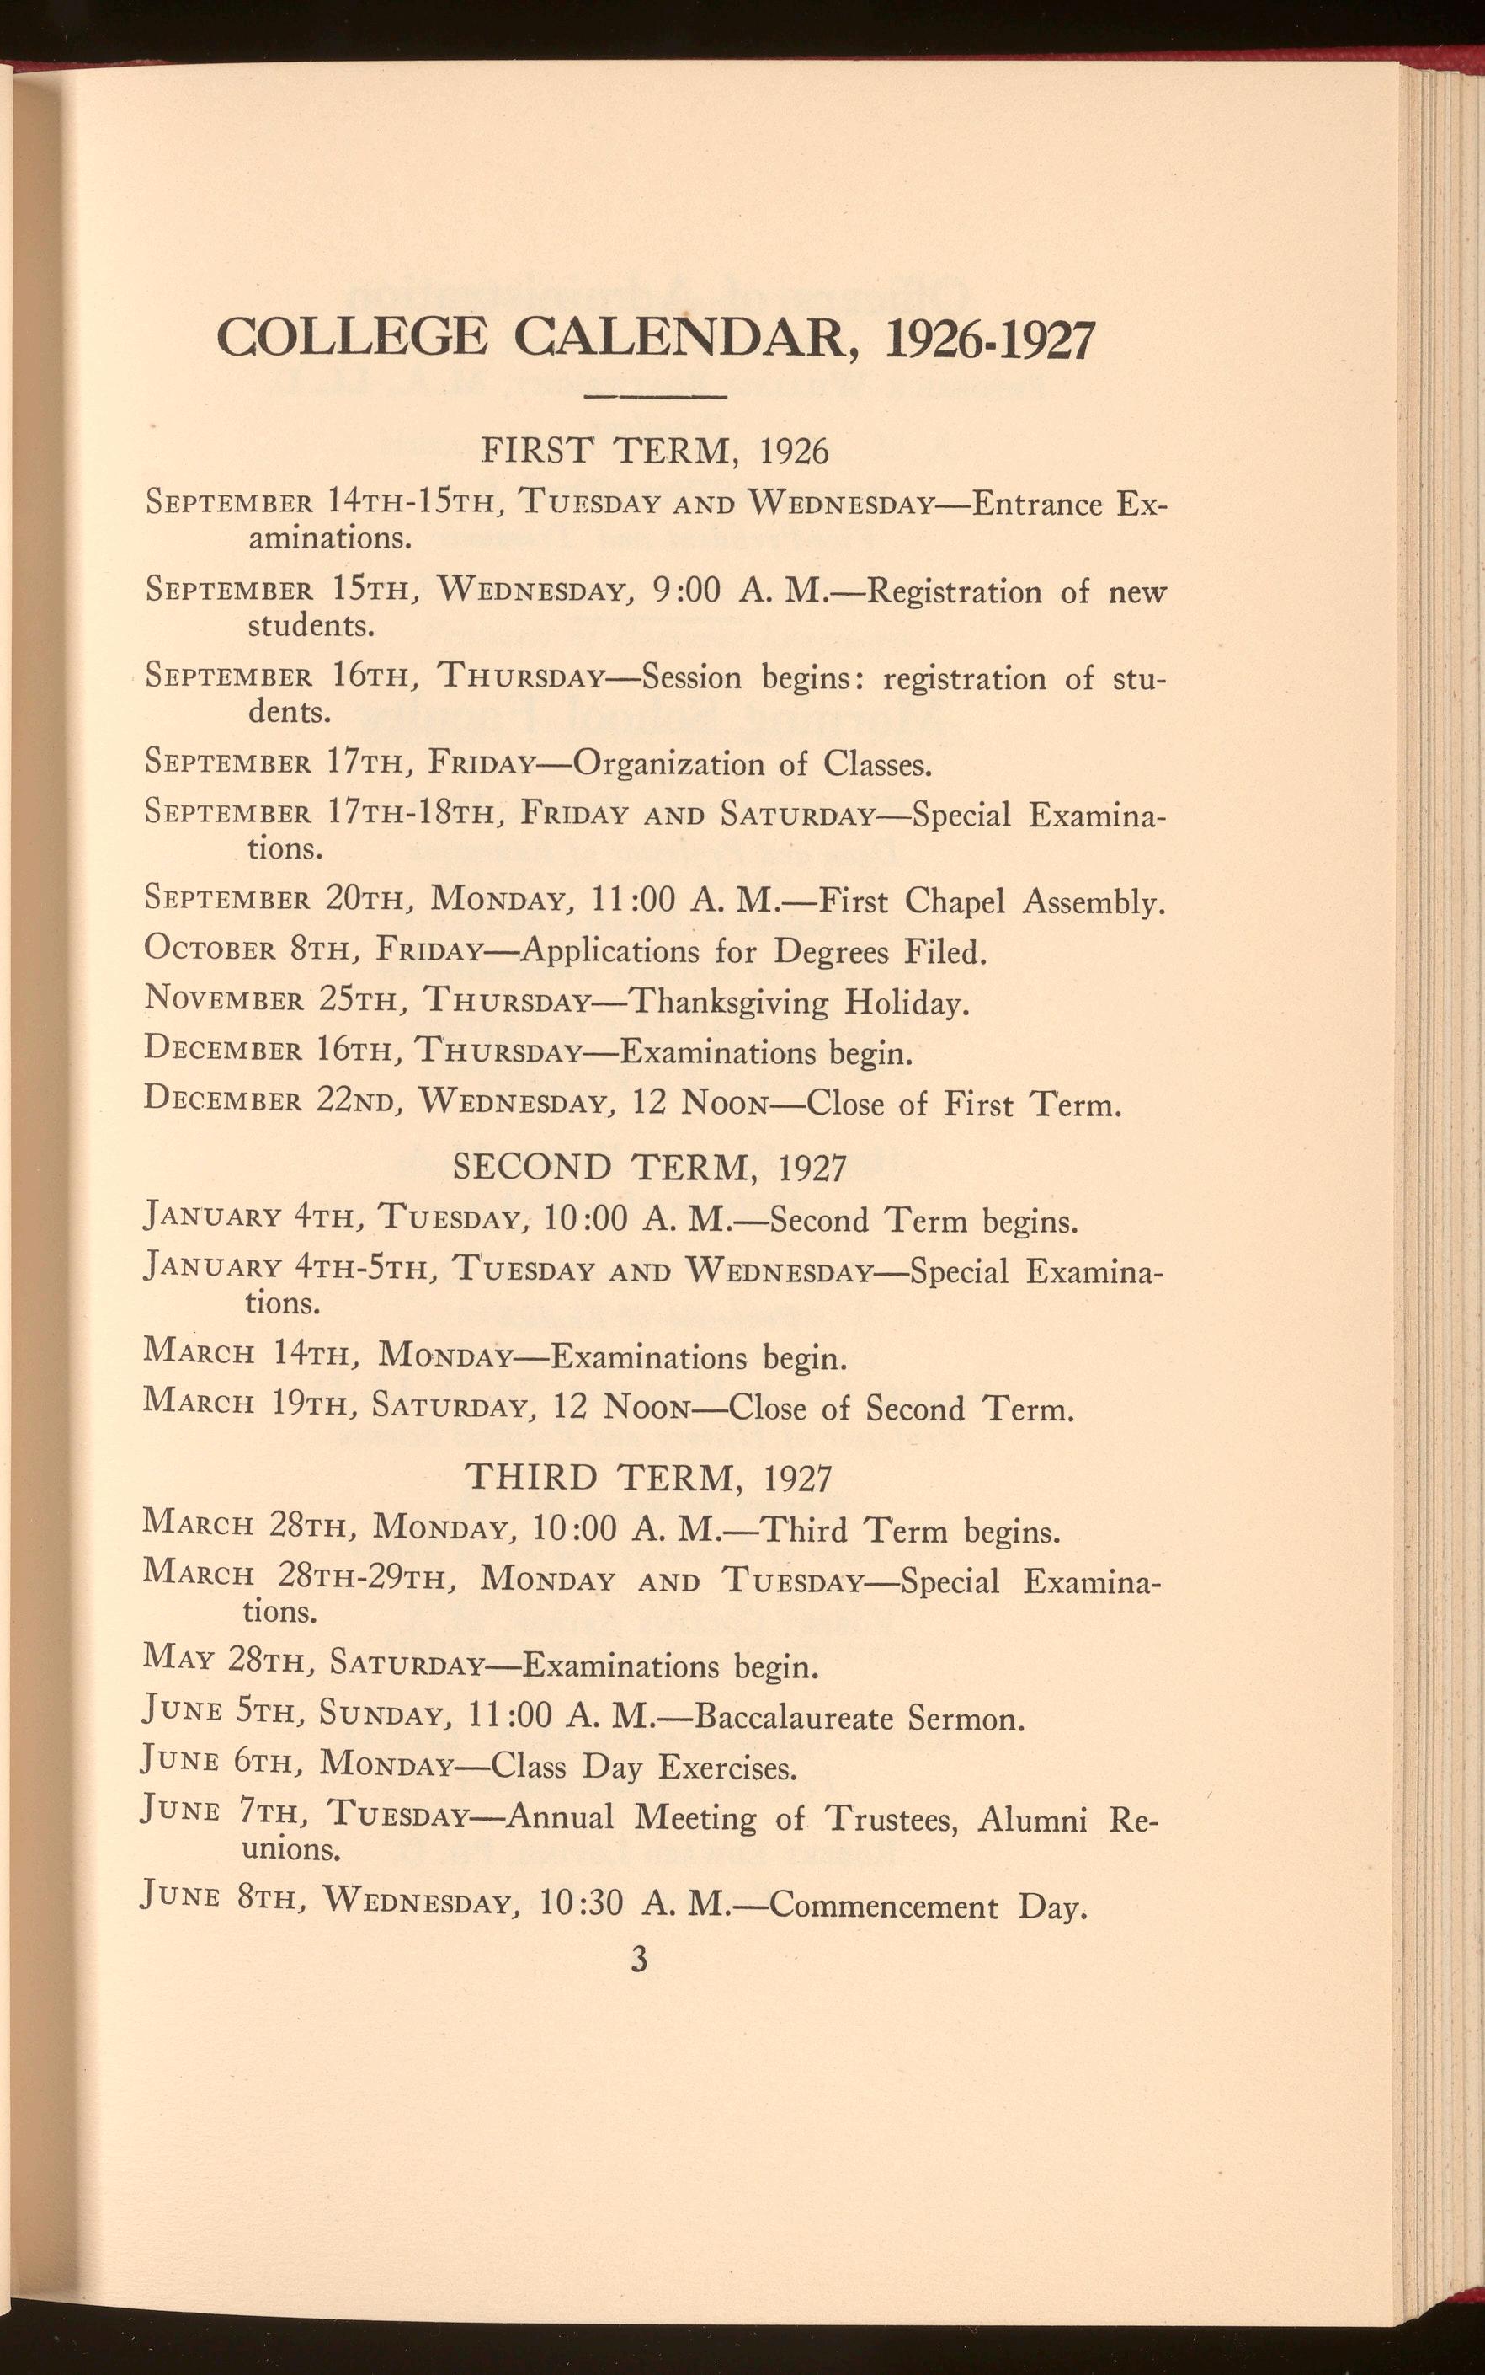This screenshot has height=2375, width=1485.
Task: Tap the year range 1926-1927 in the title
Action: (989, 340)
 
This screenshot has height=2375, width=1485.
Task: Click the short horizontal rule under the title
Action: (655, 397)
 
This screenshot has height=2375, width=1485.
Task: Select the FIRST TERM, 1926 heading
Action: (655, 451)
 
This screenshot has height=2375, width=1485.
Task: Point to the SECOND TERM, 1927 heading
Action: (649, 1168)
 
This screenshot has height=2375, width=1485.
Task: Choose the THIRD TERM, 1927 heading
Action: (648, 1478)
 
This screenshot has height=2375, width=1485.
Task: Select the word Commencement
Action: (883, 1908)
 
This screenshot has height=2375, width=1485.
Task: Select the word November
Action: (223, 999)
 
